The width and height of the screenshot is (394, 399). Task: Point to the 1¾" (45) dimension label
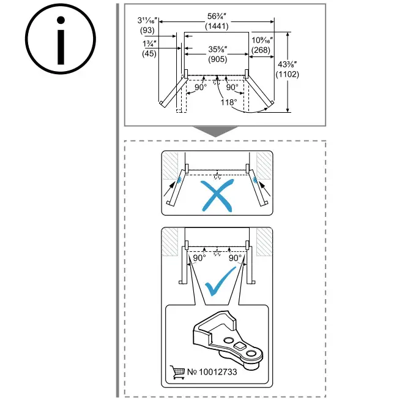(x=149, y=48)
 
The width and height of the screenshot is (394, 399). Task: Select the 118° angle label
(x=228, y=102)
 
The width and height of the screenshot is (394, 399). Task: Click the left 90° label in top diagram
(x=200, y=88)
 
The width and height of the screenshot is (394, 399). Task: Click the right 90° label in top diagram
(x=232, y=88)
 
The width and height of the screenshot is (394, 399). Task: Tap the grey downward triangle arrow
(x=217, y=132)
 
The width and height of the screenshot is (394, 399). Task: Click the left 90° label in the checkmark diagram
(x=199, y=258)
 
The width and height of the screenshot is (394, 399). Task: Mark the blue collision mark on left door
(x=179, y=178)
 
